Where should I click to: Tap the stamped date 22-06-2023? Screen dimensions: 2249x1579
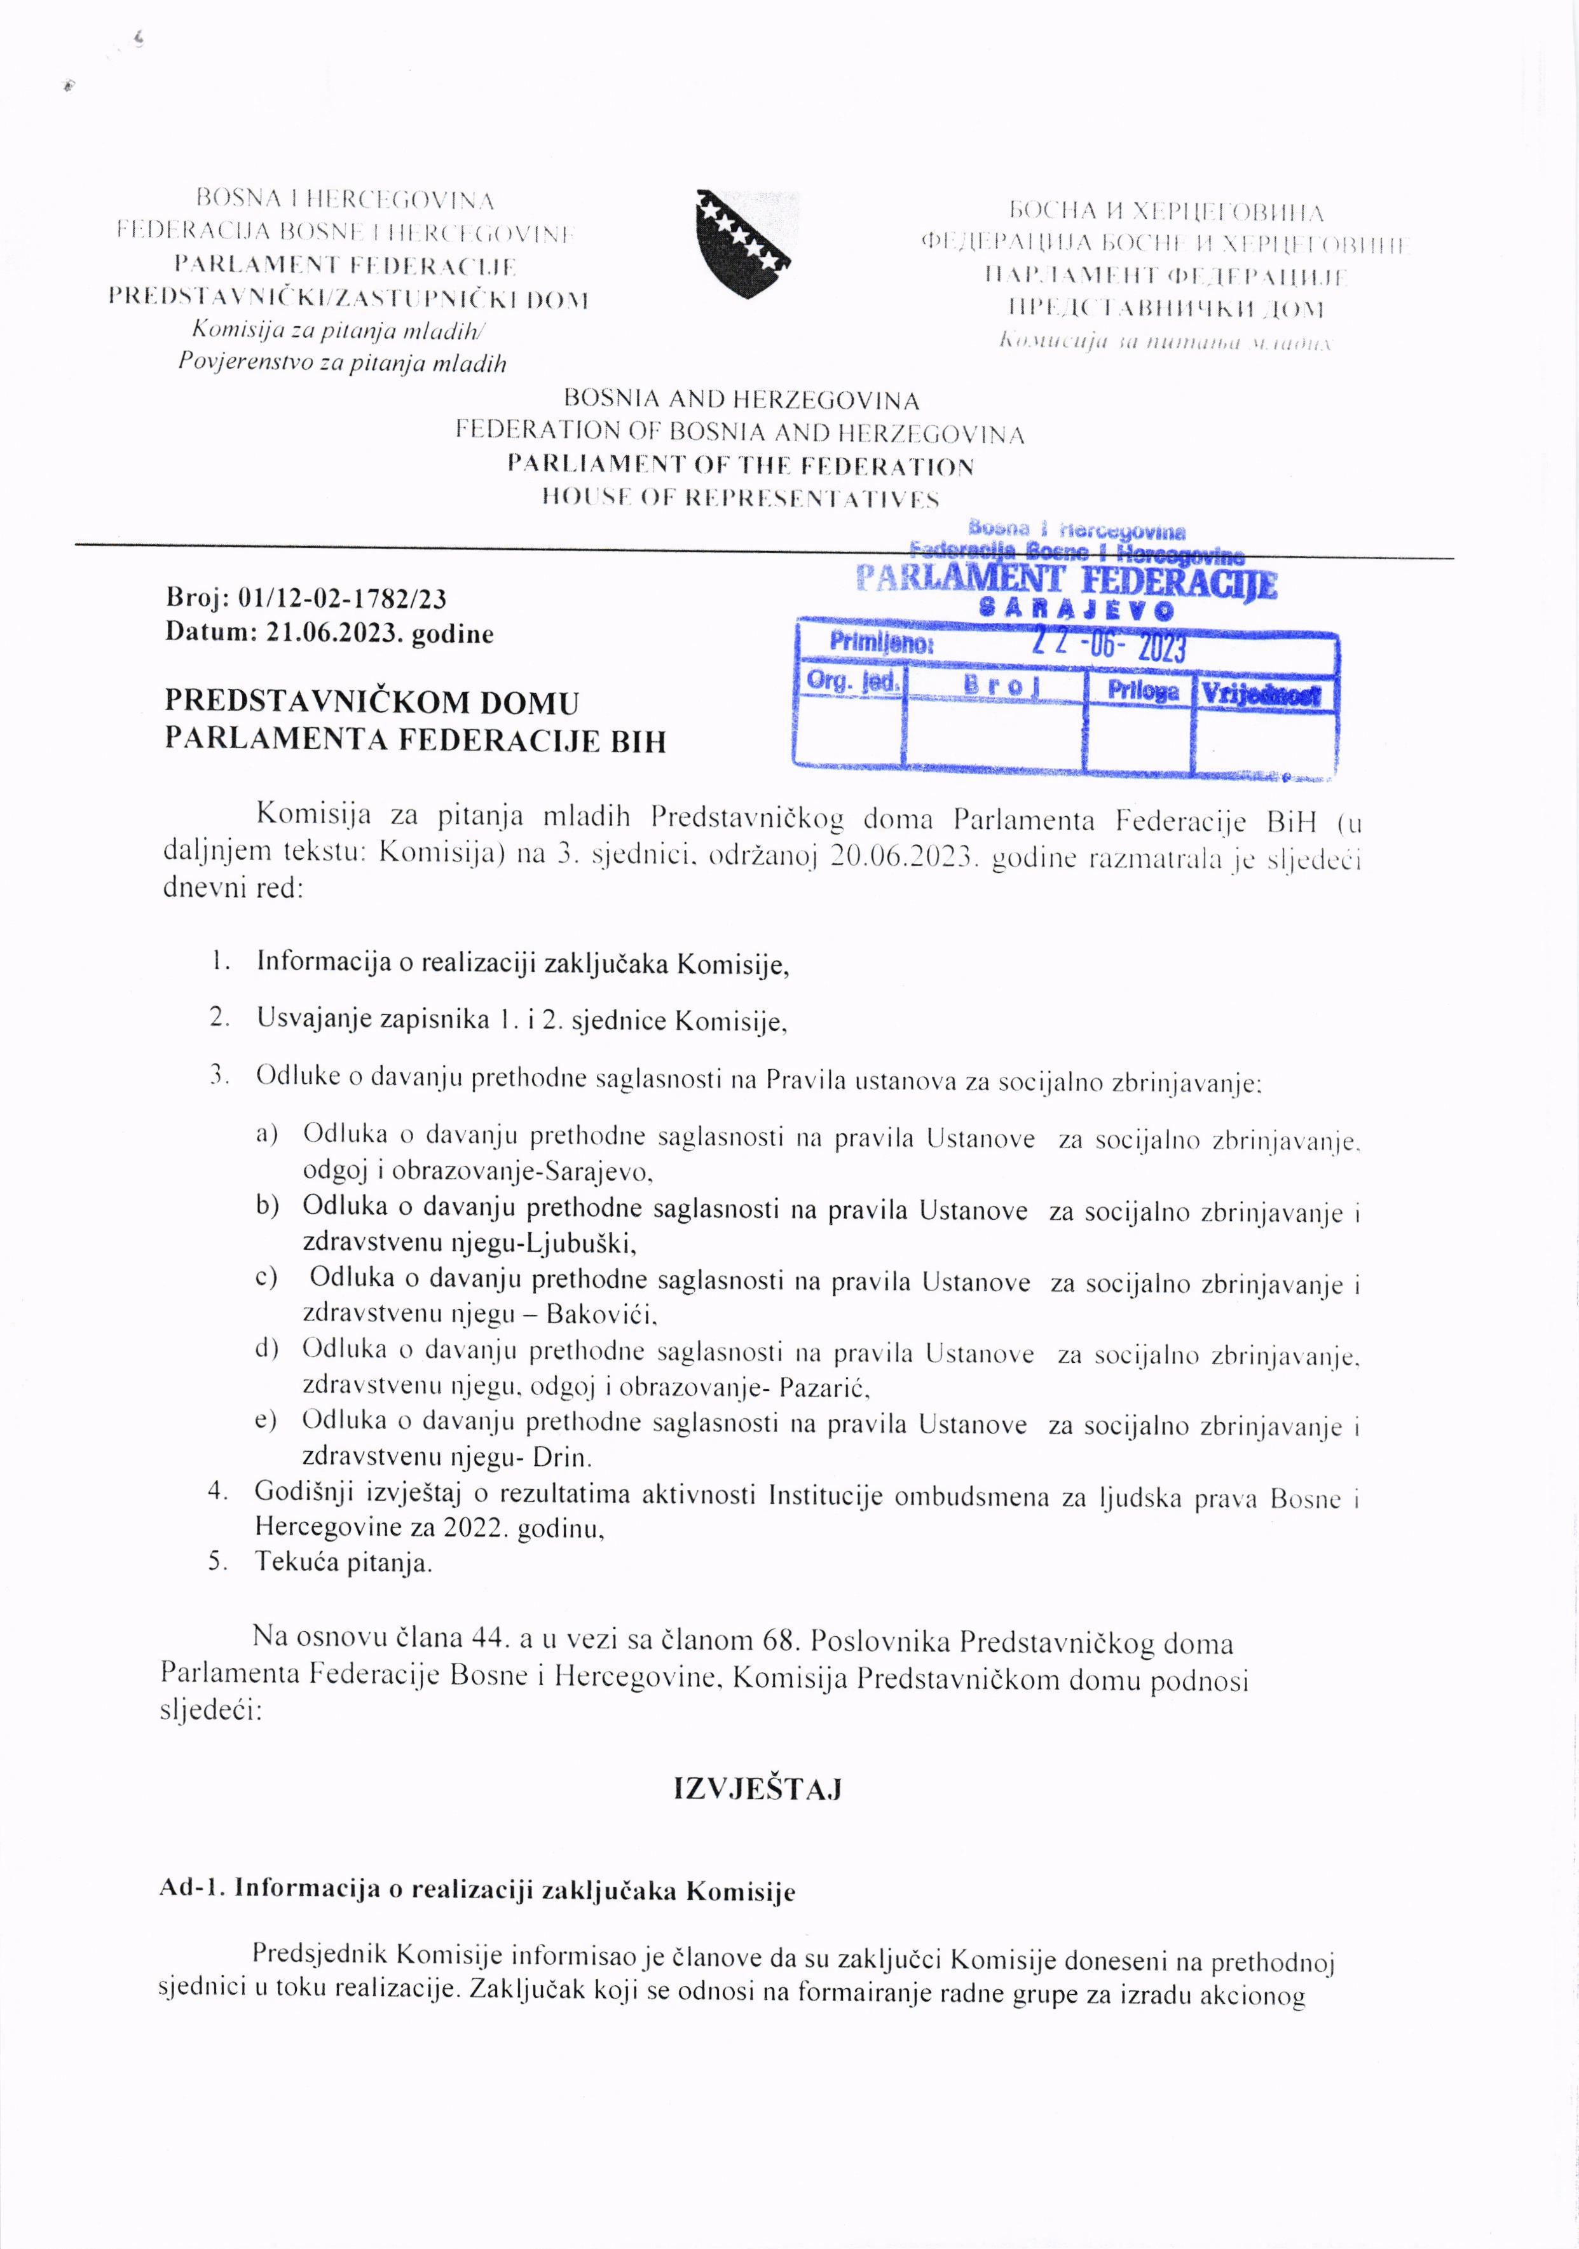[1110, 648]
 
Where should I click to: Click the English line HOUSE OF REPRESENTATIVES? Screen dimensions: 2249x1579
[741, 498]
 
